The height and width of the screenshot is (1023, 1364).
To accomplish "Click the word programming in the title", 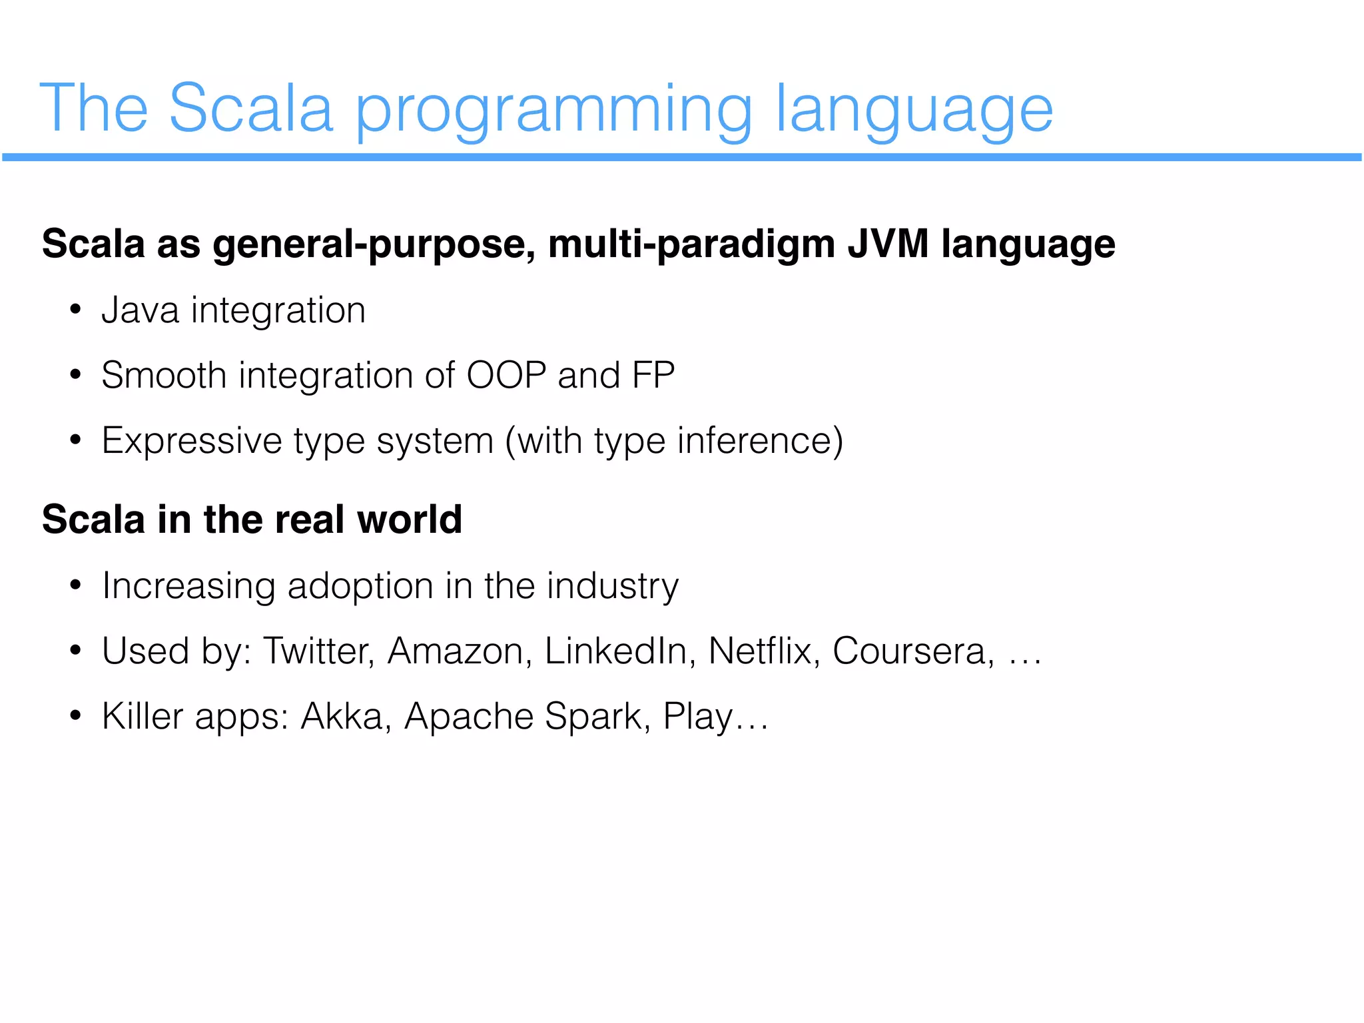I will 553,110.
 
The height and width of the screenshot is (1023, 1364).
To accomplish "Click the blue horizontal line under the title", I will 682,157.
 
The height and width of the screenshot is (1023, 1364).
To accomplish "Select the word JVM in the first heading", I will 888,244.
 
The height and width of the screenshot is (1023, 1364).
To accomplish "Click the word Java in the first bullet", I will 140,310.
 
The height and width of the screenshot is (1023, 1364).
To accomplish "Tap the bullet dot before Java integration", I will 75,311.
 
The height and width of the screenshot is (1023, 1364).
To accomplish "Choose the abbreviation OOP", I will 506,375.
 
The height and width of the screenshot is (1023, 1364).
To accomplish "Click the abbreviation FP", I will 653,375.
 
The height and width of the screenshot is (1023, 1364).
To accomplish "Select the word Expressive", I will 192,441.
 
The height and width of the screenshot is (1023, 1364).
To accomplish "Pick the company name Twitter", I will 318,651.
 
